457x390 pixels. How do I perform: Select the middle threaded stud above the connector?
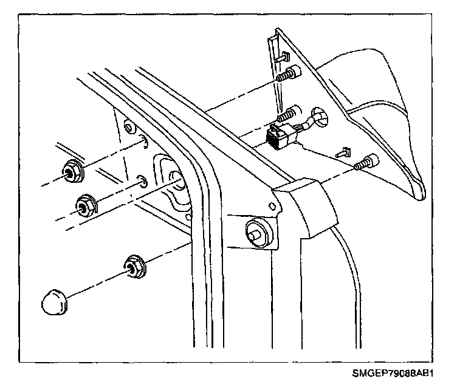pyautogui.click(x=287, y=112)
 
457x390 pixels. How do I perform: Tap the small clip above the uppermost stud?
pyautogui.click(x=283, y=56)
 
